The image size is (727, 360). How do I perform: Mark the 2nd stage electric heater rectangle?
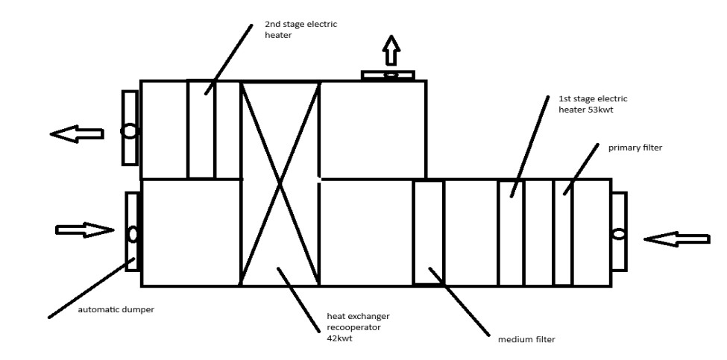pyautogui.click(x=201, y=129)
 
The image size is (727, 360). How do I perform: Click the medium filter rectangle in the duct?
pyautogui.click(x=428, y=232)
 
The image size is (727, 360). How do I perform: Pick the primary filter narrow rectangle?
pyautogui.click(x=562, y=232)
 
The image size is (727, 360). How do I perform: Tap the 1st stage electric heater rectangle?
pyautogui.click(x=511, y=232)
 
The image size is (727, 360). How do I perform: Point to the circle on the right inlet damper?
pyautogui.click(x=619, y=234)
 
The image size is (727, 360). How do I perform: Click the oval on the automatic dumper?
pyautogui.click(x=133, y=233)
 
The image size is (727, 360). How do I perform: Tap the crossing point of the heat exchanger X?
pyautogui.click(x=280, y=183)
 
